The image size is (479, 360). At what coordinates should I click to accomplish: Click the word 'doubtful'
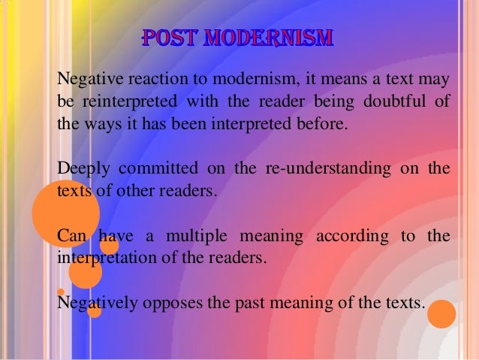click(x=397, y=101)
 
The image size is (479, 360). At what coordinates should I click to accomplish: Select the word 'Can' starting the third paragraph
click(x=71, y=237)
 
